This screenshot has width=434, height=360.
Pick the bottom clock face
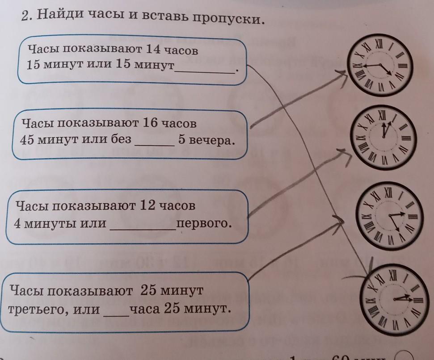point(392,298)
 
